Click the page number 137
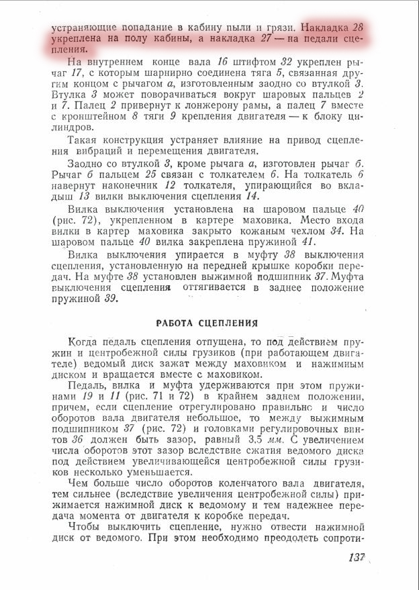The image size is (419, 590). (x=357, y=557)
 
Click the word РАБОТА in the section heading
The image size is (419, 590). (x=182, y=322)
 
